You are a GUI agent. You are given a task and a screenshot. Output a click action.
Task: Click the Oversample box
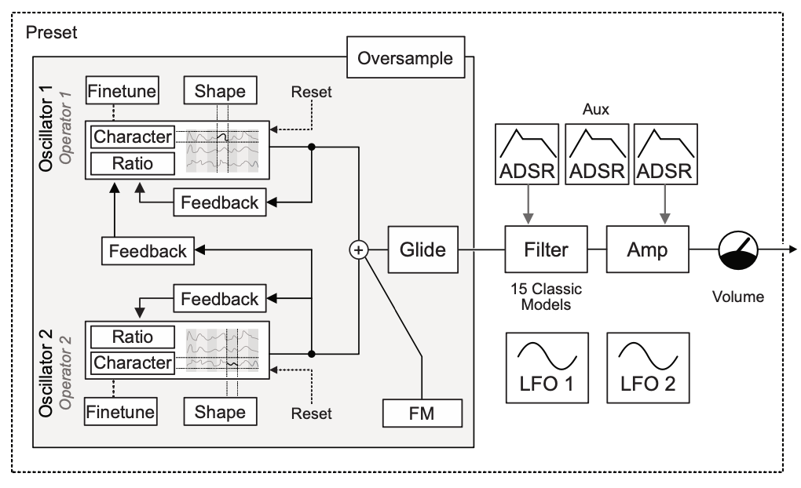click(405, 58)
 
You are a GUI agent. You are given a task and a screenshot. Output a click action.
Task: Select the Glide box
click(422, 249)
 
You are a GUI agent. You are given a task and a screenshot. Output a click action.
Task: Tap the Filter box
click(547, 249)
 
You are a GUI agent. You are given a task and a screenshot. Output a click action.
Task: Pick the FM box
click(422, 411)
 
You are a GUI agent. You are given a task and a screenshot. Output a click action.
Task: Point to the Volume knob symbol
click(738, 250)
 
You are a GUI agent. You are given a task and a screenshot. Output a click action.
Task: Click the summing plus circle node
click(358, 249)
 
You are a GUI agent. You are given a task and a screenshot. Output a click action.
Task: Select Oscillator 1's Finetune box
click(123, 90)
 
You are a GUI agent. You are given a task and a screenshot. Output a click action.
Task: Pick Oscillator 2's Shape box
click(220, 411)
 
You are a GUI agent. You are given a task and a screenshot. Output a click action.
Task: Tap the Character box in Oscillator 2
click(132, 362)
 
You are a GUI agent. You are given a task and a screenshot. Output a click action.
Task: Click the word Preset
click(52, 35)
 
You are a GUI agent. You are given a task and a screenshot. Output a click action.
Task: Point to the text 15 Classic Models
click(546, 296)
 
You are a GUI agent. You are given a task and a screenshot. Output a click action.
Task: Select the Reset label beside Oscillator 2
click(311, 413)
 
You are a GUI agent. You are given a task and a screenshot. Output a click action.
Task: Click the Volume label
click(737, 297)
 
